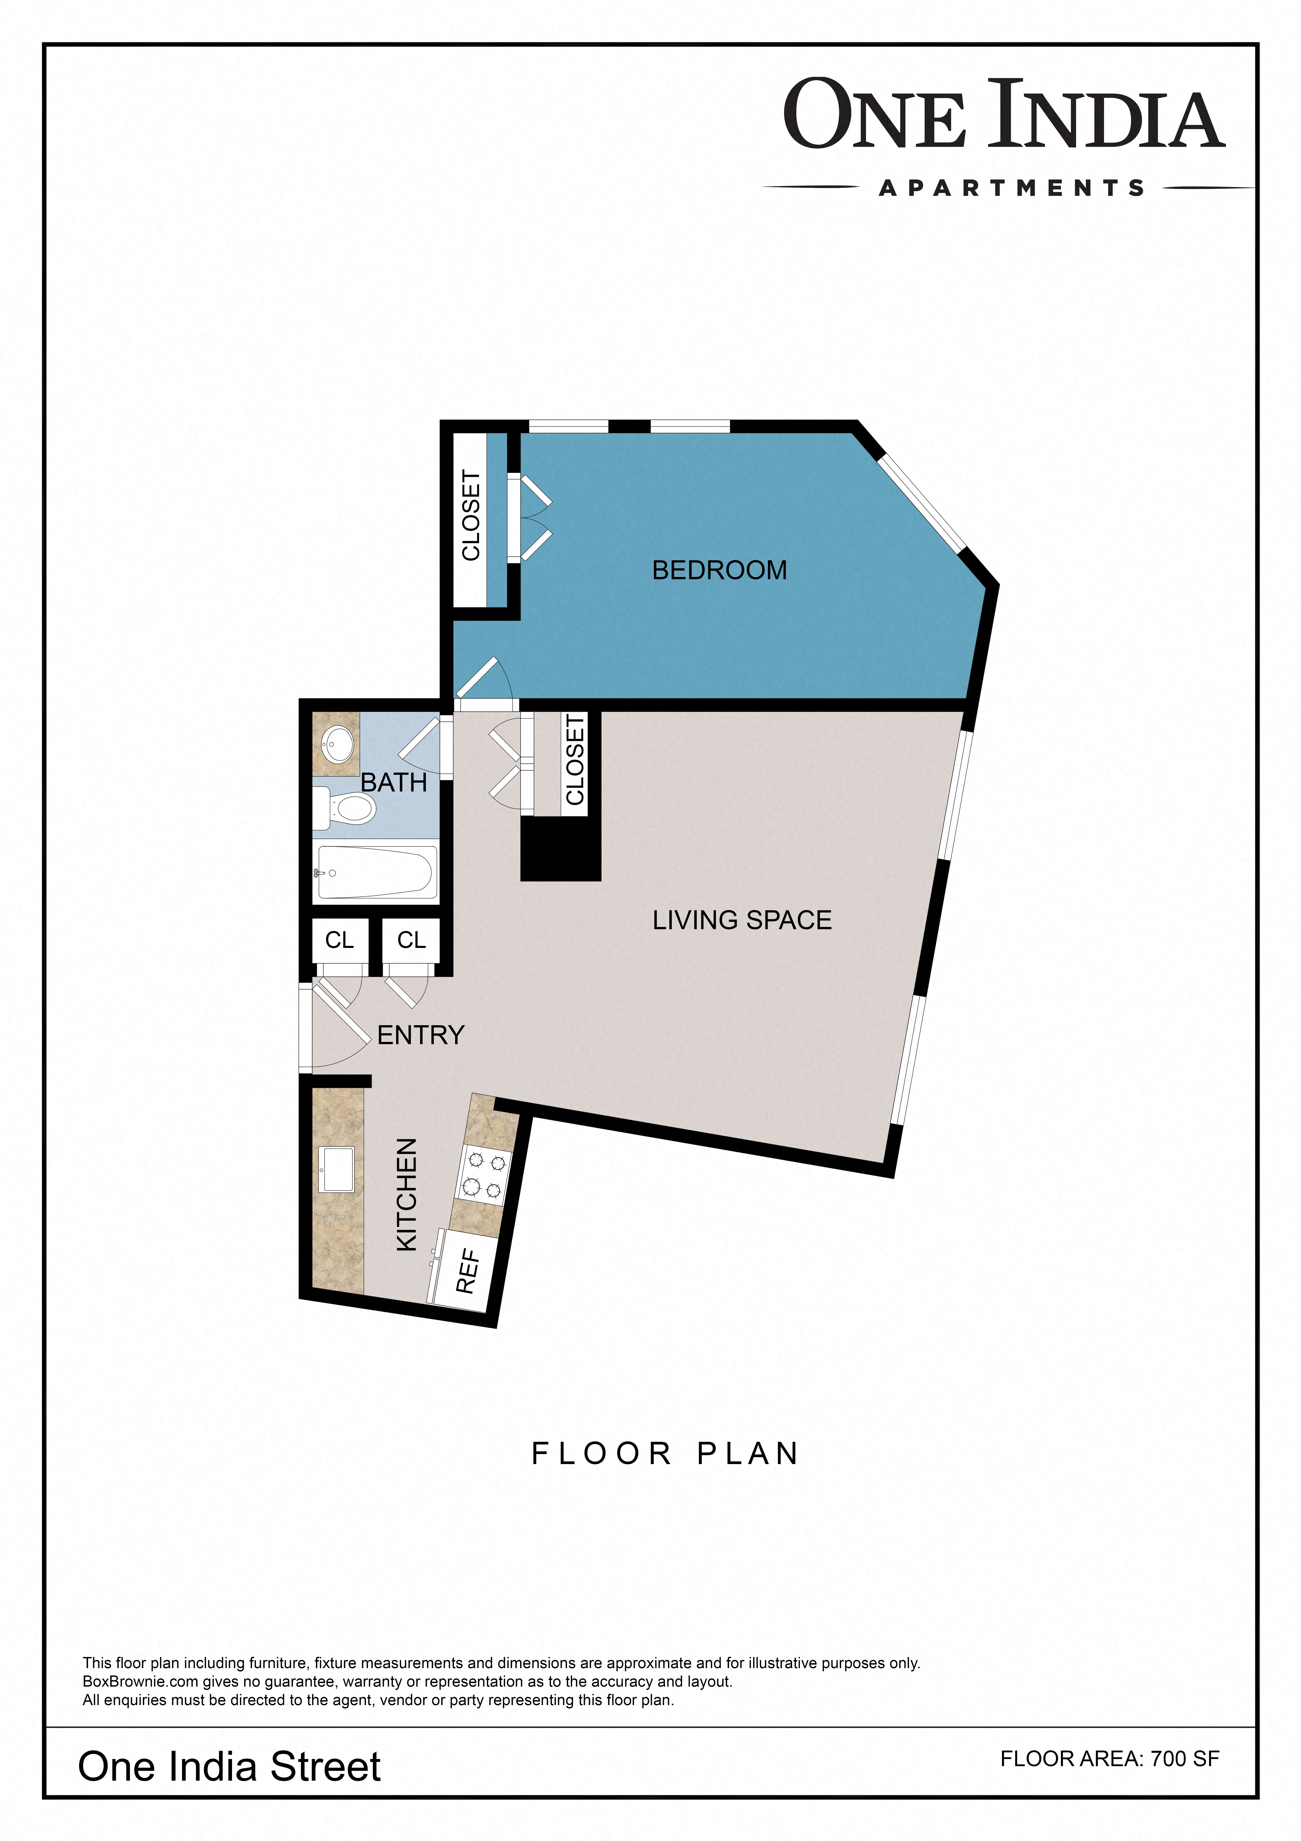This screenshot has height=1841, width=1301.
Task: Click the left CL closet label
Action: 339,940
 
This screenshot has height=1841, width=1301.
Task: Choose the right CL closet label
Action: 411,940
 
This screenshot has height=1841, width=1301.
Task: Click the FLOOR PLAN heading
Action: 665,1454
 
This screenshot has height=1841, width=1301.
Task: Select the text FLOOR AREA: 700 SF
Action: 1110,1758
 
